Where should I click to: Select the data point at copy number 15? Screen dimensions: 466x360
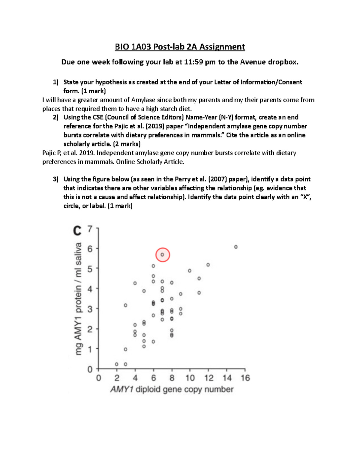236,247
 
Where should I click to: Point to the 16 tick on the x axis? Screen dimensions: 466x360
245,378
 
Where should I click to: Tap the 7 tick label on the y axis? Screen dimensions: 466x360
90,229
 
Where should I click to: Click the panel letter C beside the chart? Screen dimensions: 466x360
77,231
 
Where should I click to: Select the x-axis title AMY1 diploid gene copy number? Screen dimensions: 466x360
172,389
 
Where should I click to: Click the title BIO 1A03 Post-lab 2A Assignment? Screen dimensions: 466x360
180,47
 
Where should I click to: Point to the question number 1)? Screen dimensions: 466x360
55,82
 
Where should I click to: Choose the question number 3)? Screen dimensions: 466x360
55,179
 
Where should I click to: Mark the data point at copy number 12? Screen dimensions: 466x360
208,265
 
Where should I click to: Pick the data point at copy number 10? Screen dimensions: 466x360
190,271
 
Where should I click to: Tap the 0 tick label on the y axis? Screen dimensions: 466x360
90,369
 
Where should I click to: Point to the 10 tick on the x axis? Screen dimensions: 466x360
190,378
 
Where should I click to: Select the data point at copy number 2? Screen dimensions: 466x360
117,364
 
